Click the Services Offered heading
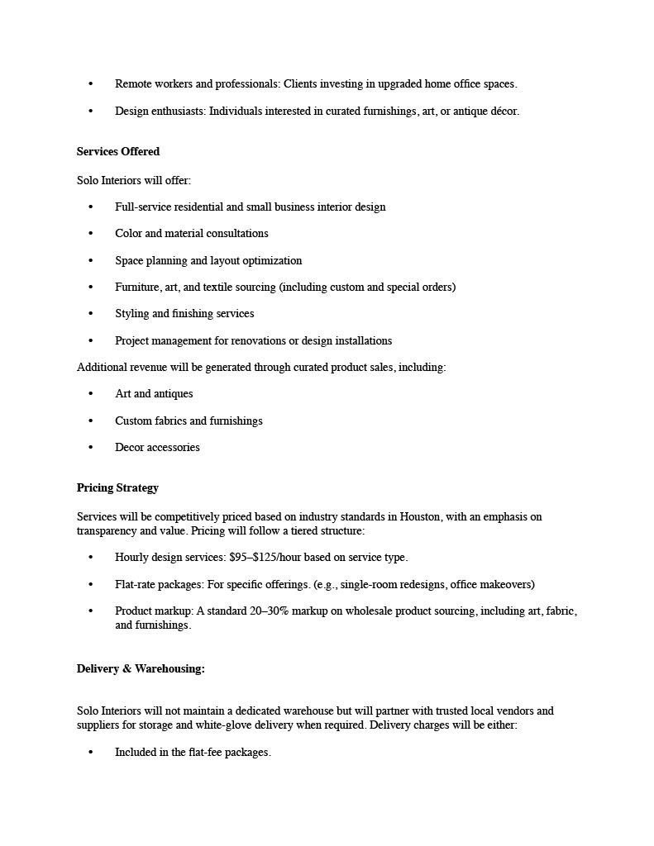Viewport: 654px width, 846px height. (x=117, y=152)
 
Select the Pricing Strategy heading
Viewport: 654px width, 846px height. (x=117, y=488)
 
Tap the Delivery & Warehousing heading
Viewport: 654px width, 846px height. (x=141, y=669)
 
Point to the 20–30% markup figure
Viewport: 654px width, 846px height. (x=270, y=611)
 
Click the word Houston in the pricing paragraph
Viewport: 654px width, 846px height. (x=420, y=517)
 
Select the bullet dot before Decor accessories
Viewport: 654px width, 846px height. (x=91, y=448)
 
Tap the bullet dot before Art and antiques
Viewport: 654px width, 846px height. (x=91, y=394)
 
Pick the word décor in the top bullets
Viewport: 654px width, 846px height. (x=503, y=112)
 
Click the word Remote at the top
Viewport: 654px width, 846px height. (x=133, y=84)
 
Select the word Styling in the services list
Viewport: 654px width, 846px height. (x=132, y=314)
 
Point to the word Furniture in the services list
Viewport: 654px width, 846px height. (x=138, y=288)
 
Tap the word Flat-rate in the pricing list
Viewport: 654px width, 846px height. (x=136, y=585)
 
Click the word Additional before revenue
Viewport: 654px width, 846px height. (x=103, y=368)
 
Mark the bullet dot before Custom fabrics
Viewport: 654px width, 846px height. (x=91, y=421)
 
